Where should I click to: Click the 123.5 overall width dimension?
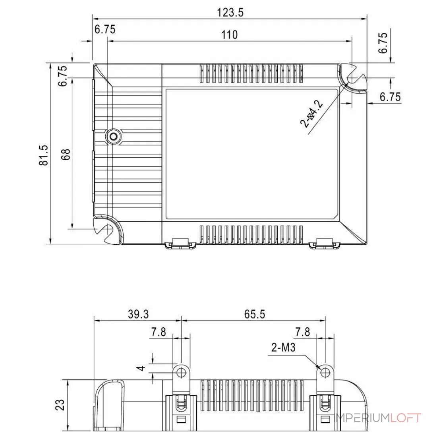pyautogui.click(x=230, y=13)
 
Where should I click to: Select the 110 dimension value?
pyautogui.click(x=229, y=35)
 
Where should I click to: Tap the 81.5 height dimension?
pyautogui.click(x=44, y=155)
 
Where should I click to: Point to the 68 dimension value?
pyautogui.click(x=66, y=155)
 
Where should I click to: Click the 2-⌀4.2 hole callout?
pyautogui.click(x=311, y=114)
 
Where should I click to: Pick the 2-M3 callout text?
pyautogui.click(x=283, y=348)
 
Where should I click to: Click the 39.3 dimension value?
pyautogui.click(x=138, y=314)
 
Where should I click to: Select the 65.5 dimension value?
pyautogui.click(x=254, y=314)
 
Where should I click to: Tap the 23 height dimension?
pyautogui.click(x=60, y=405)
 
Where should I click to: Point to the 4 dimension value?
pyautogui.click(x=141, y=368)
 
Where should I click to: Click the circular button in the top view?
pyautogui.click(x=114, y=137)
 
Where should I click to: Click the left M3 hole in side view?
pyautogui.click(x=182, y=372)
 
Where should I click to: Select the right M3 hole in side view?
pyautogui.click(x=325, y=372)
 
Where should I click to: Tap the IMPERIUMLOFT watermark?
pyautogui.click(x=378, y=418)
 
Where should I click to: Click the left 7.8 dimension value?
pyautogui.click(x=159, y=332)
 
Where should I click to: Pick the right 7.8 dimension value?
pyautogui.click(x=303, y=332)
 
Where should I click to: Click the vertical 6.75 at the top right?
pyautogui.click(x=383, y=43)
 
